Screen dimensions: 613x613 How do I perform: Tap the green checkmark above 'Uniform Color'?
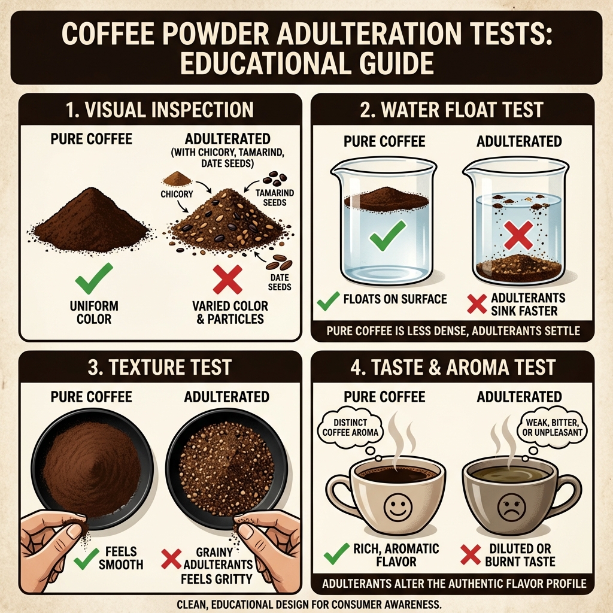(x=93, y=277)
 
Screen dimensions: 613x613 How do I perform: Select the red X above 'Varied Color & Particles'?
(x=227, y=279)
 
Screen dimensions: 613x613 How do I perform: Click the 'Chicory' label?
(x=177, y=194)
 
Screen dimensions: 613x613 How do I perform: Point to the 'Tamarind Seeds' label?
(x=273, y=197)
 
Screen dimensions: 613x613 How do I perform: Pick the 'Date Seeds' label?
(x=280, y=282)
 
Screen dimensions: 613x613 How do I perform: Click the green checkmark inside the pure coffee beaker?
(x=387, y=237)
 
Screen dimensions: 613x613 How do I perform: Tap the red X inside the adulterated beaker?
(x=518, y=234)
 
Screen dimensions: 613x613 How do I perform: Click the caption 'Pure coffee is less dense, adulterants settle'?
(x=453, y=330)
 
